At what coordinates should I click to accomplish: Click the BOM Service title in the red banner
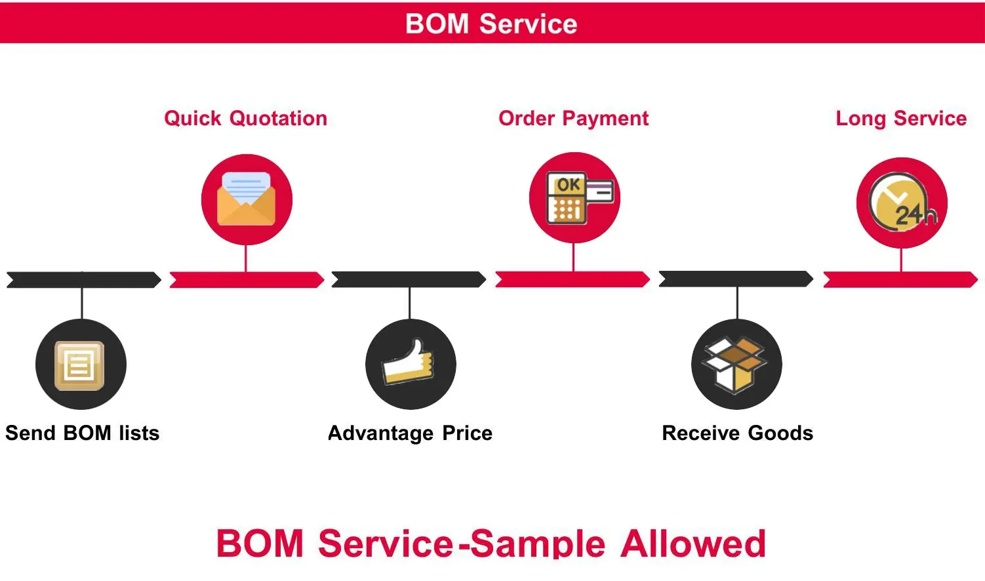click(491, 24)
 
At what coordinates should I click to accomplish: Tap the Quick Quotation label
click(245, 119)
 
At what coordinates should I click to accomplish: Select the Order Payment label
click(573, 119)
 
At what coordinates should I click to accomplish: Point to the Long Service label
click(901, 119)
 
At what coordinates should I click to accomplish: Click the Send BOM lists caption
click(83, 433)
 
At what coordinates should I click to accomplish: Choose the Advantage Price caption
click(410, 433)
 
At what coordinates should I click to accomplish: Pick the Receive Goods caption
click(737, 433)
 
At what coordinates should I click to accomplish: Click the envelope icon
click(246, 199)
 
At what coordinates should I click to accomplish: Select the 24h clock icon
click(902, 203)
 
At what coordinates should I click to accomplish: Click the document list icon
click(80, 365)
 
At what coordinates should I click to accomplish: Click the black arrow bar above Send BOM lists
click(83, 280)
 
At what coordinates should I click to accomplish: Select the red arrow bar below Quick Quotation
click(247, 280)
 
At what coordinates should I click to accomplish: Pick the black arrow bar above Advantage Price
click(409, 280)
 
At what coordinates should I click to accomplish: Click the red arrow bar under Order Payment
click(573, 280)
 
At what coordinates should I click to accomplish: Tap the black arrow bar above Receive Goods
click(736, 280)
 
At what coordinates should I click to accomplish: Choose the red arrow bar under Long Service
click(900, 280)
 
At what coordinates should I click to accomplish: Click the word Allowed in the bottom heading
click(693, 544)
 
